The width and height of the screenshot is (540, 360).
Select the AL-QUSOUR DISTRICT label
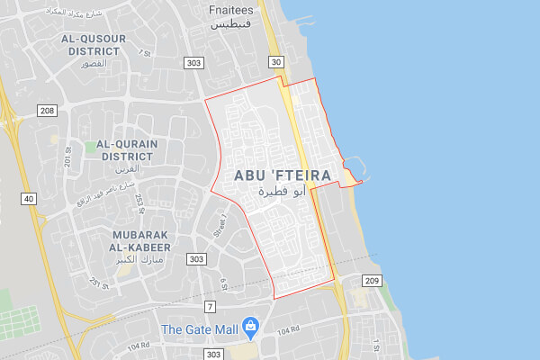coord(94,45)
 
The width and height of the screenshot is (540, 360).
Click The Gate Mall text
coord(199,329)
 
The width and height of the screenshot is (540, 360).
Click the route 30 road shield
coord(275,61)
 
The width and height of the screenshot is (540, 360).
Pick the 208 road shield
coord(47,110)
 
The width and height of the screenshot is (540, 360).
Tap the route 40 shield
coord(30,198)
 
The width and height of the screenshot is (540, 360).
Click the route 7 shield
coord(210,307)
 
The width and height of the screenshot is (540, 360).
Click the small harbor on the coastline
coord(351,168)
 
